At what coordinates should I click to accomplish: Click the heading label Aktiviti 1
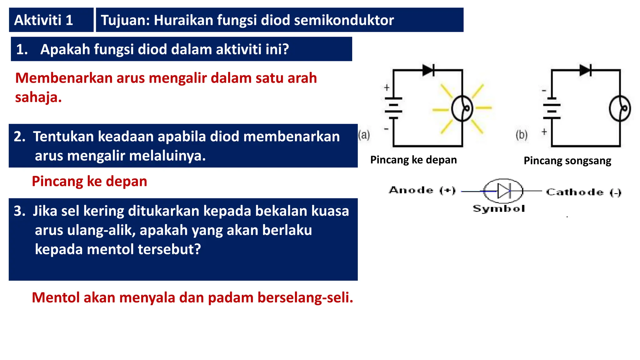[x=44, y=20]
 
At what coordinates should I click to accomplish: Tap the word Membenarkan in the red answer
[x=64, y=78]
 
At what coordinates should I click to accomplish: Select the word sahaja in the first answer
[x=37, y=97]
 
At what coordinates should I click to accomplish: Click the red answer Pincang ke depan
[x=89, y=181]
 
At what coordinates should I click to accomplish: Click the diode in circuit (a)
[x=428, y=70]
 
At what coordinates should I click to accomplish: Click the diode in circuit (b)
[x=585, y=70]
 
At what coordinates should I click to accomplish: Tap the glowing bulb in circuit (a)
[x=462, y=108]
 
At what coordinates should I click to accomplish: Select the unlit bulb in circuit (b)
[x=620, y=108]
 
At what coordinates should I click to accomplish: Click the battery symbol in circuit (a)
[x=393, y=108]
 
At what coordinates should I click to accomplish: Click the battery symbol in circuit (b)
[x=552, y=111]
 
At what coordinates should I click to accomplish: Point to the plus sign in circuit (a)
[x=387, y=87]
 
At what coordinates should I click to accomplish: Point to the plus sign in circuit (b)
[x=544, y=132]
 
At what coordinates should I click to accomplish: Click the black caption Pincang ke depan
[x=413, y=160]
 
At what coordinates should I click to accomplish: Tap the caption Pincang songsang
[x=567, y=161]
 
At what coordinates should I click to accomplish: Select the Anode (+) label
[x=422, y=190]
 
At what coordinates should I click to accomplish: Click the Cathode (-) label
[x=583, y=192]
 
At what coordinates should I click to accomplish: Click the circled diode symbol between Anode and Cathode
[x=503, y=191]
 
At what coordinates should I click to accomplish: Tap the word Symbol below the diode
[x=499, y=208]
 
